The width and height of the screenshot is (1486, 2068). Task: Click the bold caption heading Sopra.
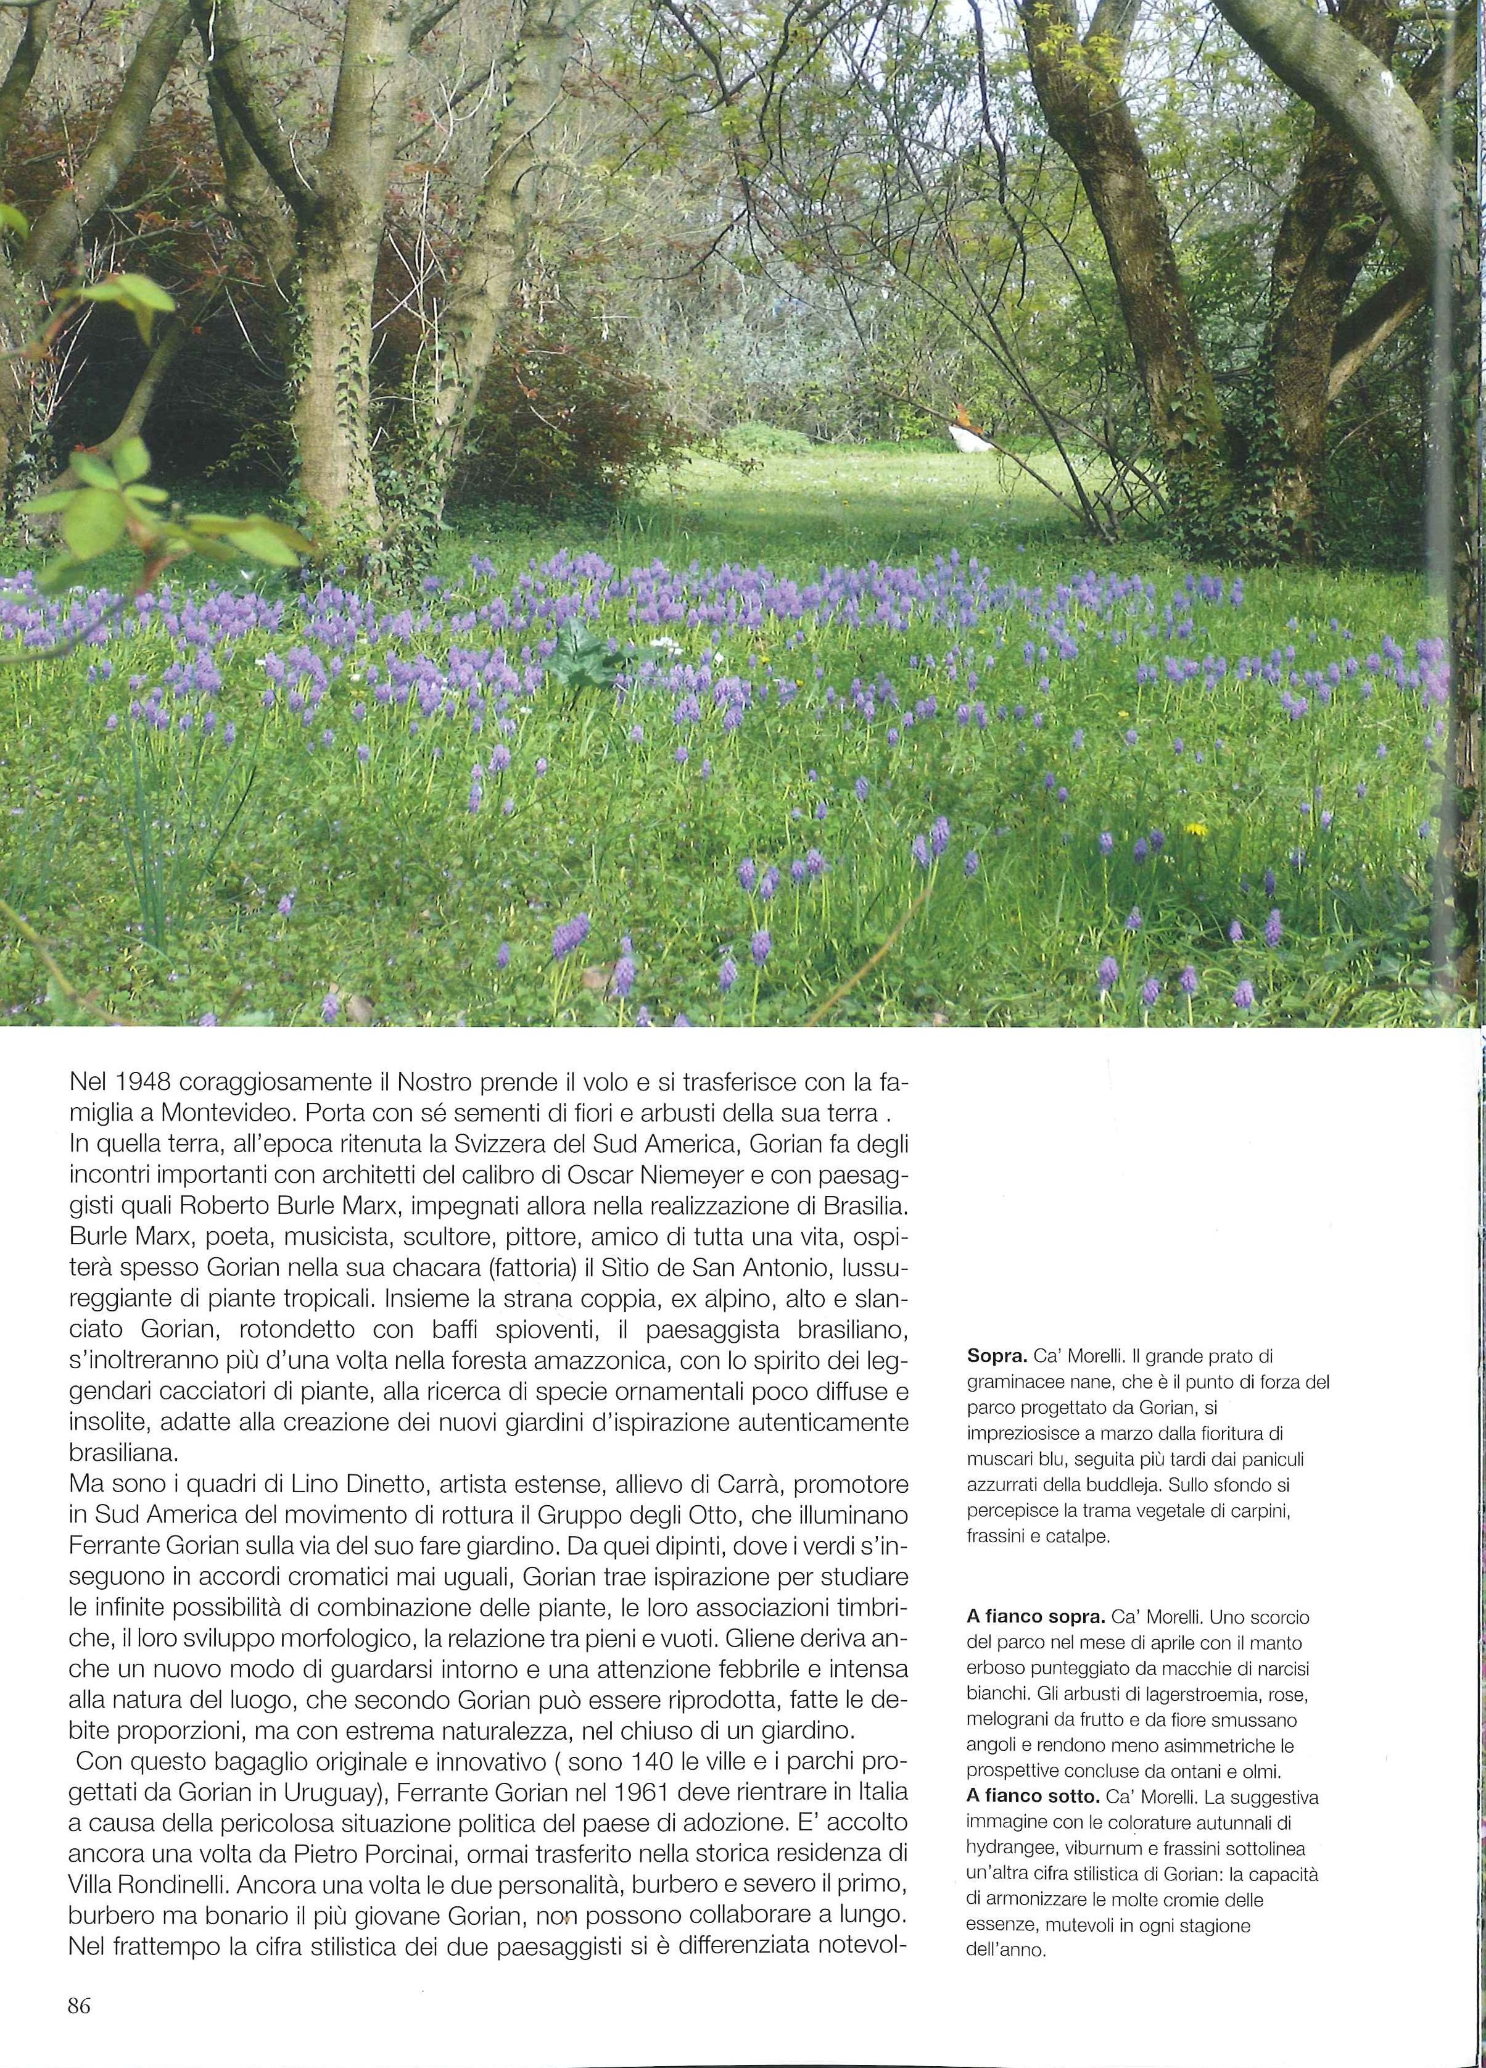pos(994,1355)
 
